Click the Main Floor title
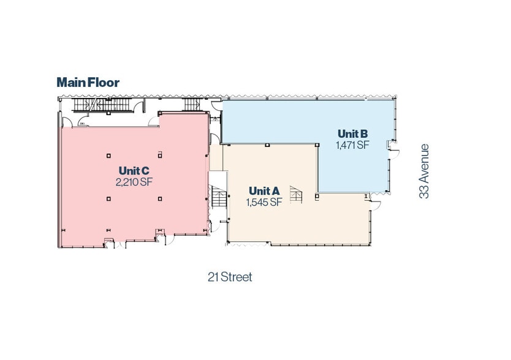point(88,82)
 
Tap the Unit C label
point(134,171)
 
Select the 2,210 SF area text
point(134,182)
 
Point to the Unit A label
point(264,191)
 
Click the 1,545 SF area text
point(264,202)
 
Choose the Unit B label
point(353,134)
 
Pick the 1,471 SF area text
point(353,145)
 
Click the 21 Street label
point(229,277)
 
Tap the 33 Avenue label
point(424,171)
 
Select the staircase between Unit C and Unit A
point(218,200)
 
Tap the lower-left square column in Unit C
point(108,198)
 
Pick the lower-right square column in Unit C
point(159,198)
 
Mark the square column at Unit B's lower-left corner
point(317,196)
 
